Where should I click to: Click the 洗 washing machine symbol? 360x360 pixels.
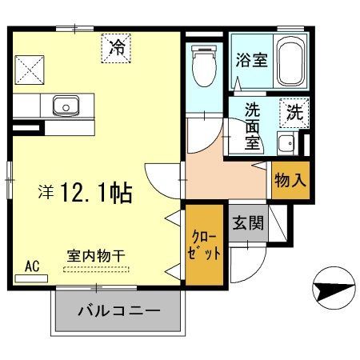tap(294, 113)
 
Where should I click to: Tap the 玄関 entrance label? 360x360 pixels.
tap(249, 223)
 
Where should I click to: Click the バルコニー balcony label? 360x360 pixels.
tap(119, 310)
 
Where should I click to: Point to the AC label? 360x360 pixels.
tap(33, 266)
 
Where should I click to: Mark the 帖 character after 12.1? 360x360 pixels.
tap(122, 193)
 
